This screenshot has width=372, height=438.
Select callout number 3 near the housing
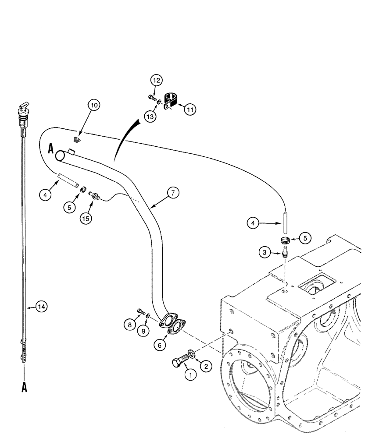[x=264, y=253]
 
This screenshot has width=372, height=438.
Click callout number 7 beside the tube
[x=173, y=193]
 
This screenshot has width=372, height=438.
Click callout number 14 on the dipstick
[x=41, y=307]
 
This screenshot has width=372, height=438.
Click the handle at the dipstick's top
[x=23, y=106]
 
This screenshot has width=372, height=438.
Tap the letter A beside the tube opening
[x=51, y=149]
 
